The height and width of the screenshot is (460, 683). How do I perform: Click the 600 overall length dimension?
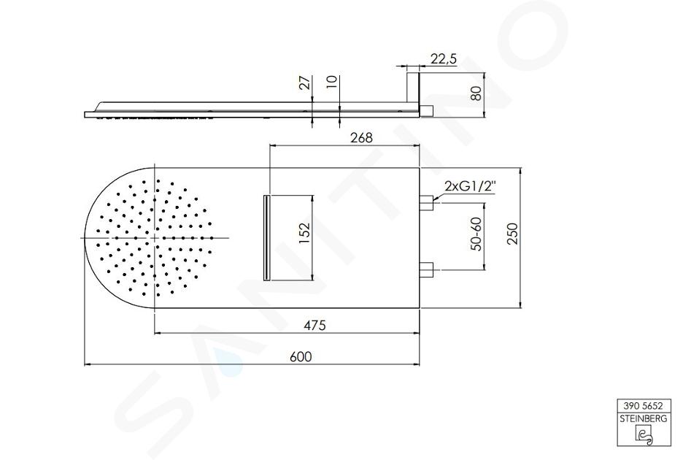click(301, 356)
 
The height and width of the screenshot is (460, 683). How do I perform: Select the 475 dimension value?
click(315, 325)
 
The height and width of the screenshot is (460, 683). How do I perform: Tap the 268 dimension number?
click(361, 137)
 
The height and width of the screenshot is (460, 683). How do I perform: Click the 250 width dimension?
click(513, 233)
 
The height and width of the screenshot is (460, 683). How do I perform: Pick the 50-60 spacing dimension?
click(476, 234)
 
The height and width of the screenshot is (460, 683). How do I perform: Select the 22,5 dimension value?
click(444, 59)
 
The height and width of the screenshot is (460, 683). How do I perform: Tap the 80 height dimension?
click(477, 93)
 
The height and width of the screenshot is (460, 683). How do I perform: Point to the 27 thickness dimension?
click(306, 83)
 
